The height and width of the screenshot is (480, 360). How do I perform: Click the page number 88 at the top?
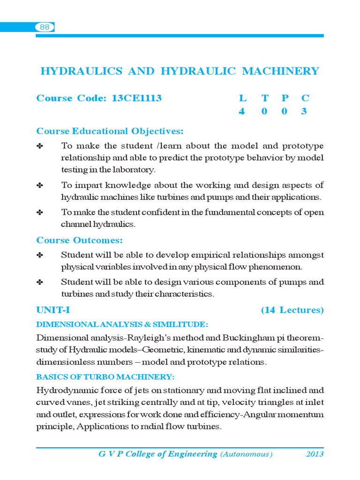click(45, 28)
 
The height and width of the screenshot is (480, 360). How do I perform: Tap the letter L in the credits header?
click(242, 98)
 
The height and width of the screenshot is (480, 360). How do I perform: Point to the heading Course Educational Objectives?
click(110, 131)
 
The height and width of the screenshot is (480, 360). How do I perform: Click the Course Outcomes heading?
click(80, 240)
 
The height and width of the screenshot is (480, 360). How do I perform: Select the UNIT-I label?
click(53, 310)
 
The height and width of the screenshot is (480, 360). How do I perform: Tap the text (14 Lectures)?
click(292, 310)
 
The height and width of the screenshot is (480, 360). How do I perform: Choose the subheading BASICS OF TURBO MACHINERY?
click(105, 377)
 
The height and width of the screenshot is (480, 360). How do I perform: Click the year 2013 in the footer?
click(315, 454)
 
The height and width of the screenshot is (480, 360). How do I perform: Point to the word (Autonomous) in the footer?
click(246, 454)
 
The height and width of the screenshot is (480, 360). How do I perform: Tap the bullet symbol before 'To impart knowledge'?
click(40, 186)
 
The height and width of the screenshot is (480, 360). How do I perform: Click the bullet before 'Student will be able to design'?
click(40, 283)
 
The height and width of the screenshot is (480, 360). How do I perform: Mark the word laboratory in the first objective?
click(132, 170)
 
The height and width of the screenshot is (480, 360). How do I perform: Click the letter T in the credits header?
click(265, 98)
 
